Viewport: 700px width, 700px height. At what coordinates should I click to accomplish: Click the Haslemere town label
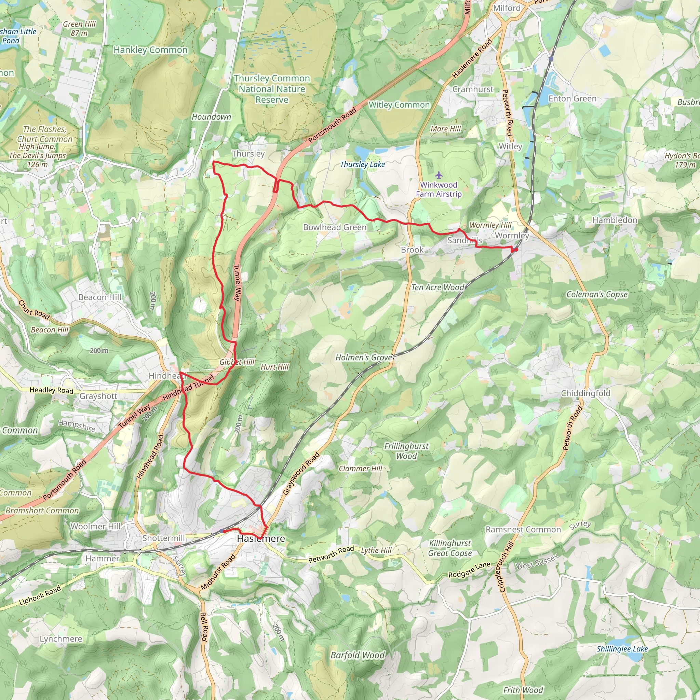260,539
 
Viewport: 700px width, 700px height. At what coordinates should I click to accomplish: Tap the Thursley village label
248,153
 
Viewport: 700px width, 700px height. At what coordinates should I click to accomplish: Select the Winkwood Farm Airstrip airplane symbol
439,176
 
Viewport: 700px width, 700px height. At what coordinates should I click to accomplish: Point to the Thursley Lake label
362,164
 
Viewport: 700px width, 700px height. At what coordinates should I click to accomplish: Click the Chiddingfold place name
585,393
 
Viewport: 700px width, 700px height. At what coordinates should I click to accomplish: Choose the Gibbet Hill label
237,362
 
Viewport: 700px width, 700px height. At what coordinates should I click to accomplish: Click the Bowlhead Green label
335,227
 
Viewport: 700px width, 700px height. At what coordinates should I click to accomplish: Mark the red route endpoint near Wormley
515,250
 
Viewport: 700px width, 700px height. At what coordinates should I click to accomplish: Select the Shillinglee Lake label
622,649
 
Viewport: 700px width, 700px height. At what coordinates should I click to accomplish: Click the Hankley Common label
151,50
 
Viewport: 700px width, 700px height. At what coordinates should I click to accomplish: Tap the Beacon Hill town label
100,297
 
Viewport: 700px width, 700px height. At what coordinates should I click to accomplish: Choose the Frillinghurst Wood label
406,451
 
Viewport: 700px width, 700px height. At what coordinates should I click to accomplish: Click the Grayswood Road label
301,473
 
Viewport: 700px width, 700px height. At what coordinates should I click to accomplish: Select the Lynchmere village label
61,639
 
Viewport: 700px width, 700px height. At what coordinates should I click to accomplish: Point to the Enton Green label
572,98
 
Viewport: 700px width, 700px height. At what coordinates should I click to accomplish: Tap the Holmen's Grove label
364,358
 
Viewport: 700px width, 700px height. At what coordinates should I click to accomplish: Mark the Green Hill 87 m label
79,28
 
